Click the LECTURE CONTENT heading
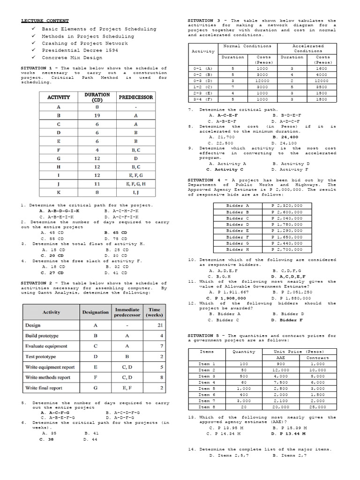click(x=45, y=21)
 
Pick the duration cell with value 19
click(x=97, y=115)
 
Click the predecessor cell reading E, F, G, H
click(x=135, y=184)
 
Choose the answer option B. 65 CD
click(x=116, y=232)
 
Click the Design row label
click(x=33, y=325)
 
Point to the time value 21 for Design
click(x=160, y=325)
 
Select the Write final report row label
click(x=44, y=388)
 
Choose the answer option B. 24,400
click(x=284, y=136)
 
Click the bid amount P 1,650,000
click(x=287, y=237)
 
